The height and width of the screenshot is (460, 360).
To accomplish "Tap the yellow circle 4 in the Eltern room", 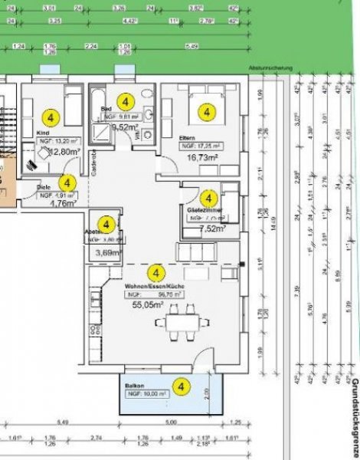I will (x=205, y=112).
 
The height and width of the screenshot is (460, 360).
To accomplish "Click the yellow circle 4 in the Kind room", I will (x=51, y=118).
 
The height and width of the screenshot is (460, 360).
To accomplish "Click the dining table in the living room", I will (x=182, y=321).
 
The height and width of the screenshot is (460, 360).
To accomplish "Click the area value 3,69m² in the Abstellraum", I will (x=106, y=251).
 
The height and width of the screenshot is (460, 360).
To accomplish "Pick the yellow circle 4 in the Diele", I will (x=67, y=183).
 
